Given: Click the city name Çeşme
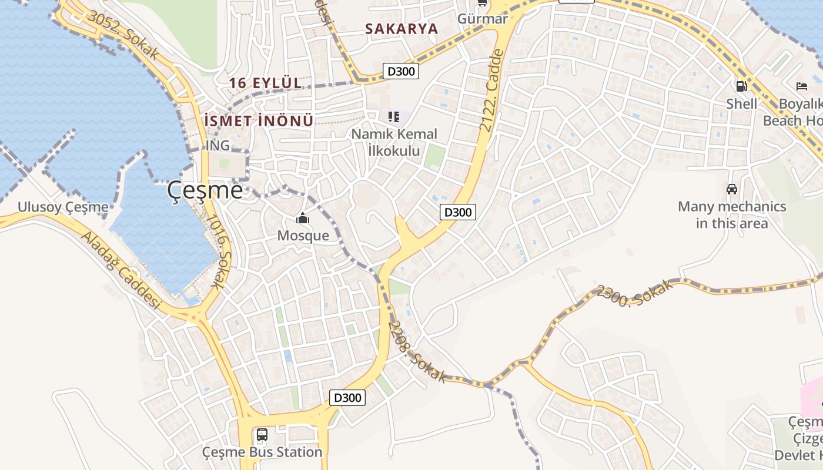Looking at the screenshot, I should pyautogui.click(x=205, y=190).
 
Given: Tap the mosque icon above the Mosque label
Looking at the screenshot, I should pyautogui.click(x=303, y=219).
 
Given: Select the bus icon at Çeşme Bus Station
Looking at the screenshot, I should pyautogui.click(x=262, y=435).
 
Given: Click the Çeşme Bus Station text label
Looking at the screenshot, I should pyautogui.click(x=262, y=452).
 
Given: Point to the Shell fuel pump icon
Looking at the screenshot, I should pyautogui.click(x=741, y=86).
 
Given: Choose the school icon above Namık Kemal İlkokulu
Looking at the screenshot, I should pyautogui.click(x=394, y=117).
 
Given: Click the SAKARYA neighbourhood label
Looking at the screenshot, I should pyautogui.click(x=402, y=29).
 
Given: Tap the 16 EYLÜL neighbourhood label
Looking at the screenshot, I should pyautogui.click(x=265, y=83).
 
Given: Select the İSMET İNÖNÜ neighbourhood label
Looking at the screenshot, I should pyautogui.click(x=258, y=121).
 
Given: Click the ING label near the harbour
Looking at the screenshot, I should pyautogui.click(x=218, y=145).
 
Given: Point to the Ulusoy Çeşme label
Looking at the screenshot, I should pyautogui.click(x=63, y=207).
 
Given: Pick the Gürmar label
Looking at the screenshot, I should pyautogui.click(x=482, y=19).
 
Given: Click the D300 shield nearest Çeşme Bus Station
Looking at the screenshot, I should pyautogui.click(x=347, y=398).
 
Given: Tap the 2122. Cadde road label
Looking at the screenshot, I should pyautogui.click(x=492, y=90).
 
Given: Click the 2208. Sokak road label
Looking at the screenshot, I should pyautogui.click(x=417, y=351).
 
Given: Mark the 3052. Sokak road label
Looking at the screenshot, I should pyautogui.click(x=123, y=35).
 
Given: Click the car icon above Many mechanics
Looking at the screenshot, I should pyautogui.click(x=732, y=189).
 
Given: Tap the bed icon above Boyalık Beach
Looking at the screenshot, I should pyautogui.click(x=802, y=86).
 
